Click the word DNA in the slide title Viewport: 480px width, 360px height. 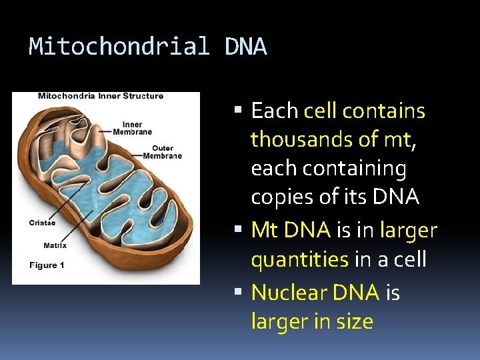pos(246,47)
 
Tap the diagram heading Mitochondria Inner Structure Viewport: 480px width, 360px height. pos(101,96)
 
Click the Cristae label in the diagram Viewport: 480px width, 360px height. pos(41,223)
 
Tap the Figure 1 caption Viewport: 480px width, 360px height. pos(47,265)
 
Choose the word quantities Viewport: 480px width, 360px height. pos(299,260)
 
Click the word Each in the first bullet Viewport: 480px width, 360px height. pos(274,111)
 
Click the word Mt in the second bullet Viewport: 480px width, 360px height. pos(264,231)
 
